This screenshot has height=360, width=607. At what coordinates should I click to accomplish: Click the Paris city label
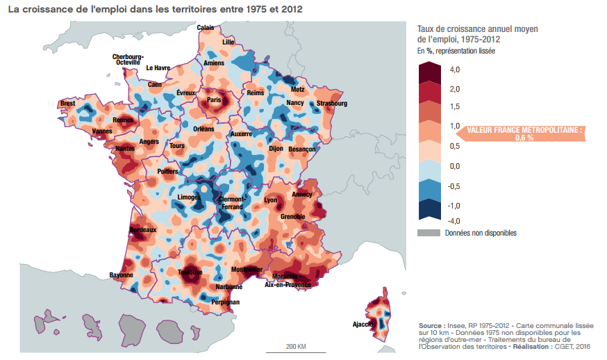[214, 100]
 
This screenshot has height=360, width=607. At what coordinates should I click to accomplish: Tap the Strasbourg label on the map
[331, 104]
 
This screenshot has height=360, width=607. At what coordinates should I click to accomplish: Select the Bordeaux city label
[143, 229]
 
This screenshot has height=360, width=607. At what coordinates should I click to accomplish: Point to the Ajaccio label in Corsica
[363, 324]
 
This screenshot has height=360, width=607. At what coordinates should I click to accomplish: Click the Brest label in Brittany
[67, 104]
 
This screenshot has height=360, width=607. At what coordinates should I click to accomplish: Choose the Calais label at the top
[206, 28]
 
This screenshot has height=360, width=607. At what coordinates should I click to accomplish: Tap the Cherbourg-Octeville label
[128, 60]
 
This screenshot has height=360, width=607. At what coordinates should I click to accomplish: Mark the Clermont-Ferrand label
[231, 203]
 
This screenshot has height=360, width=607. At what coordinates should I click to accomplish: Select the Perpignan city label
[225, 302]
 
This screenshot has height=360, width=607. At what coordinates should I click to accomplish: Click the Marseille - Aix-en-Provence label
[289, 280]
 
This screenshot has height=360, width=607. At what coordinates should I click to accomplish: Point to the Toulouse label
[190, 273]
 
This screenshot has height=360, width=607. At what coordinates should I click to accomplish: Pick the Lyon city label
[270, 200]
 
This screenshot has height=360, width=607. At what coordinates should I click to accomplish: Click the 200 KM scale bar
[297, 349]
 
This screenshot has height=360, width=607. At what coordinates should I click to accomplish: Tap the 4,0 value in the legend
[455, 70]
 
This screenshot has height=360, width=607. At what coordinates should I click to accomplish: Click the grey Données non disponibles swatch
[429, 234]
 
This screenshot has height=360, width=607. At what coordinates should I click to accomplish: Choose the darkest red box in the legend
[429, 72]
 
